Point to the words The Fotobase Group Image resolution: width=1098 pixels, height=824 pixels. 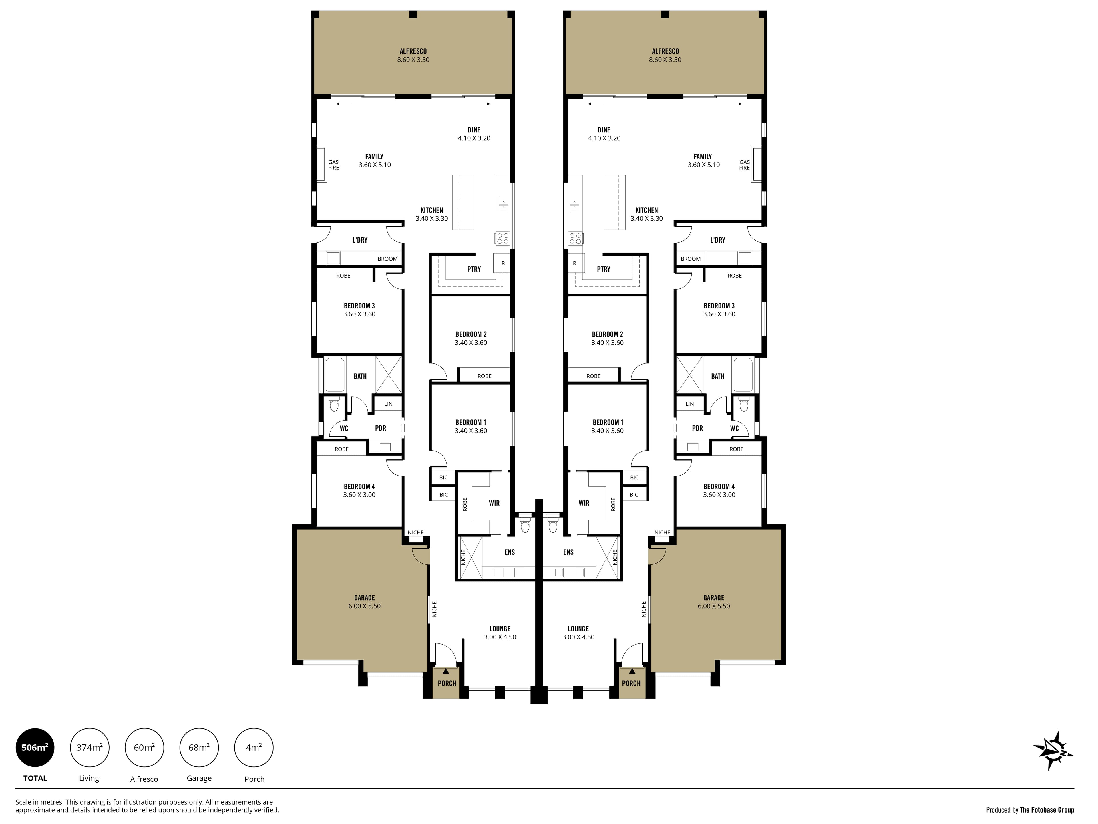pyautogui.click(x=1047, y=810)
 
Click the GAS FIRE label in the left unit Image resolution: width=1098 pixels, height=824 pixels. pyautogui.click(x=334, y=165)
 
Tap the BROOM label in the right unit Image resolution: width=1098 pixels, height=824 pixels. pyautogui.click(x=691, y=259)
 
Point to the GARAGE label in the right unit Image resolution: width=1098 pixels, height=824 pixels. pyautogui.click(x=714, y=597)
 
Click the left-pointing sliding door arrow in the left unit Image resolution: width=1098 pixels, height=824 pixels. pyautogui.click(x=343, y=104)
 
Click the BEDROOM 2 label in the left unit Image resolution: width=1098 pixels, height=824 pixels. pyautogui.click(x=471, y=334)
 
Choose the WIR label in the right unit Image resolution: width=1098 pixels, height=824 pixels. pyautogui.click(x=584, y=503)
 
